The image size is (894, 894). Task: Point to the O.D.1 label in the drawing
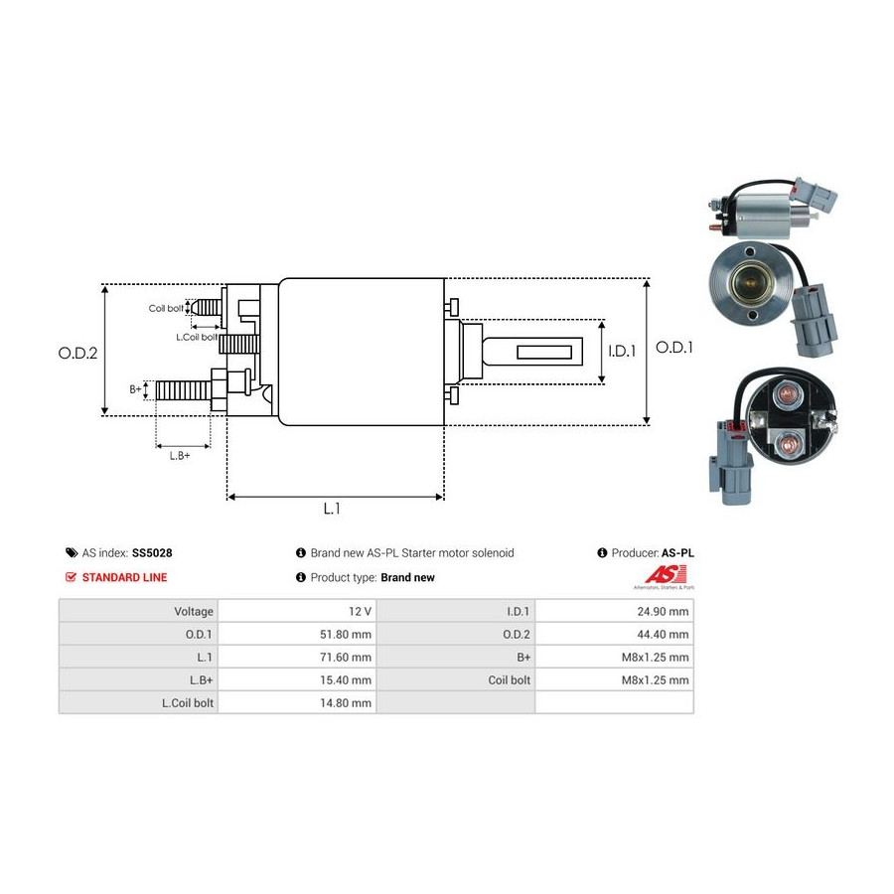675,349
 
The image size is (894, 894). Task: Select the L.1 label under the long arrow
332,509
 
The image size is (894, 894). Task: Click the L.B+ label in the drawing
179,455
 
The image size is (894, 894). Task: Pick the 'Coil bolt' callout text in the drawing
166,308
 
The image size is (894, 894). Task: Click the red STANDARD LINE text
124,577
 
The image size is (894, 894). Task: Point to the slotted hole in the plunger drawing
548,351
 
